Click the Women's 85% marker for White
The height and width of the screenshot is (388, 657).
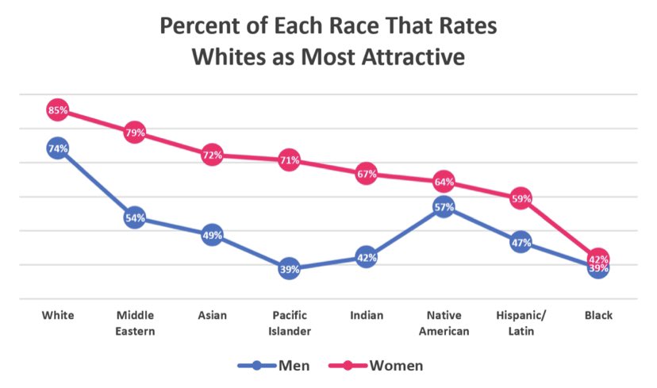tap(57, 110)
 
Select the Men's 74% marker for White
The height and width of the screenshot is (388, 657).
tap(57, 148)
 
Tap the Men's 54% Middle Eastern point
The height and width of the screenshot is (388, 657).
tap(134, 217)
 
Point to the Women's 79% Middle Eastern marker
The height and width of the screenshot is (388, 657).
tap(134, 133)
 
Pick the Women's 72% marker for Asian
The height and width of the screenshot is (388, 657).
tap(212, 156)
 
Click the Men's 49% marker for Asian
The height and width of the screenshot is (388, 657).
tap(212, 235)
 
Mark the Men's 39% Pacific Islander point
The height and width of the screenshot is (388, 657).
tap(289, 269)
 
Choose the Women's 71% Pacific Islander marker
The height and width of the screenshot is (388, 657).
tap(289, 160)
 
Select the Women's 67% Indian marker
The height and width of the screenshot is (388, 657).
tap(366, 174)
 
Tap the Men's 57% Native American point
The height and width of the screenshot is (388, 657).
tap(444, 208)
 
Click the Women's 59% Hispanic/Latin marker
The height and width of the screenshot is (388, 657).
tap(521, 198)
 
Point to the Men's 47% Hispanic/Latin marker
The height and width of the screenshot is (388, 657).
tap(521, 243)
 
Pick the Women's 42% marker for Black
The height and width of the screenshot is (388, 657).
tap(598, 258)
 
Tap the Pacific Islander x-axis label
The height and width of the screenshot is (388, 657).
tap(289, 323)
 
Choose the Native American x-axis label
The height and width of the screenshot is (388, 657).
tap(444, 323)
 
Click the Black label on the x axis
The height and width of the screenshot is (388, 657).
tap(598, 316)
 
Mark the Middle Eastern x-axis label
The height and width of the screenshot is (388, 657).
tap(134, 323)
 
